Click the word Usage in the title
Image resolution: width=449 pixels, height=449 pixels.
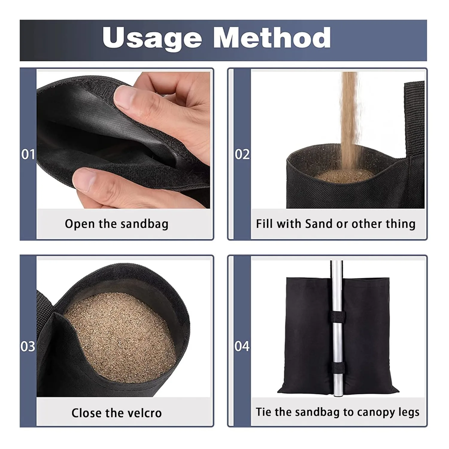pyautogui.click(x=152, y=38)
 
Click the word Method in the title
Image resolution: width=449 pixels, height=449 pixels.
pyautogui.click(x=272, y=38)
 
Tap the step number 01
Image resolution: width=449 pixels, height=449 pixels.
pyautogui.click(x=28, y=154)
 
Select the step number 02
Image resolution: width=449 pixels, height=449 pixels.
pyautogui.click(x=242, y=154)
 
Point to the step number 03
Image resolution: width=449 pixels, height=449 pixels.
pyautogui.click(x=28, y=346)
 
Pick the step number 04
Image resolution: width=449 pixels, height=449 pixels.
pyautogui.click(x=242, y=346)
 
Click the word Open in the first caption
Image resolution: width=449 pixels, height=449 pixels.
pyautogui.click(x=80, y=224)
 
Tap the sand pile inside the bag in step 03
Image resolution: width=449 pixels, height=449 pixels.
pyautogui.click(x=120, y=335)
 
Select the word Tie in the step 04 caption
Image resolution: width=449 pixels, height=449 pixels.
pyautogui.click(x=264, y=412)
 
